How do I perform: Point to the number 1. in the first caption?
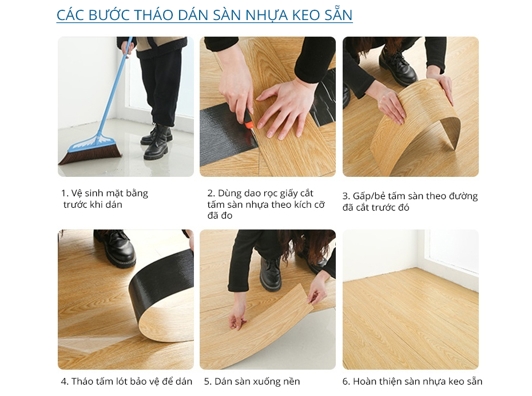pos(65,193)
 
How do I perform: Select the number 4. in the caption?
pos(65,382)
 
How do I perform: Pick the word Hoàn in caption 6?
pos(365,382)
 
